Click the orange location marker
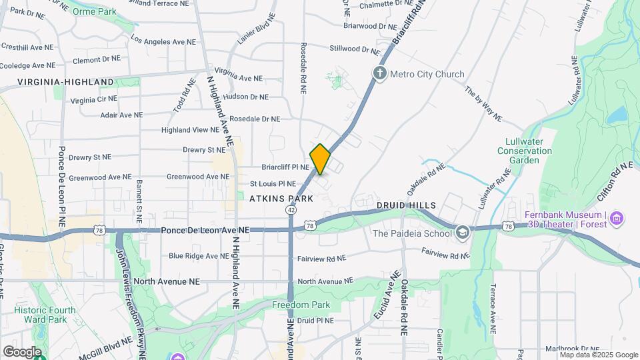pyautogui.click(x=320, y=159)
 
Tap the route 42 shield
pyautogui.click(x=291, y=209)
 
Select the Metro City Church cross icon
pyautogui.click(x=380, y=73)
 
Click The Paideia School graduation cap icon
pyautogui.click(x=462, y=233)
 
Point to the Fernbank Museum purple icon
pyautogui.click(x=617, y=218)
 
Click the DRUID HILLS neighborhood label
pyautogui.click(x=406, y=205)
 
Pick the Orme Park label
pyautogui.click(x=95, y=11)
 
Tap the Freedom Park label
pyautogui.click(x=301, y=305)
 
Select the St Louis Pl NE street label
pyautogui.click(x=273, y=183)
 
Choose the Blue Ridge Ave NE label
pyautogui.click(x=199, y=255)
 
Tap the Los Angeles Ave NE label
pyautogui.click(x=164, y=40)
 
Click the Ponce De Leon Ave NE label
pyautogui.click(x=205, y=230)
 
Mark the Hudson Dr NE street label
pyautogui.click(x=246, y=97)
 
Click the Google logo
pyautogui.click(x=22, y=351)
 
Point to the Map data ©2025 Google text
pyautogui.click(x=599, y=355)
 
